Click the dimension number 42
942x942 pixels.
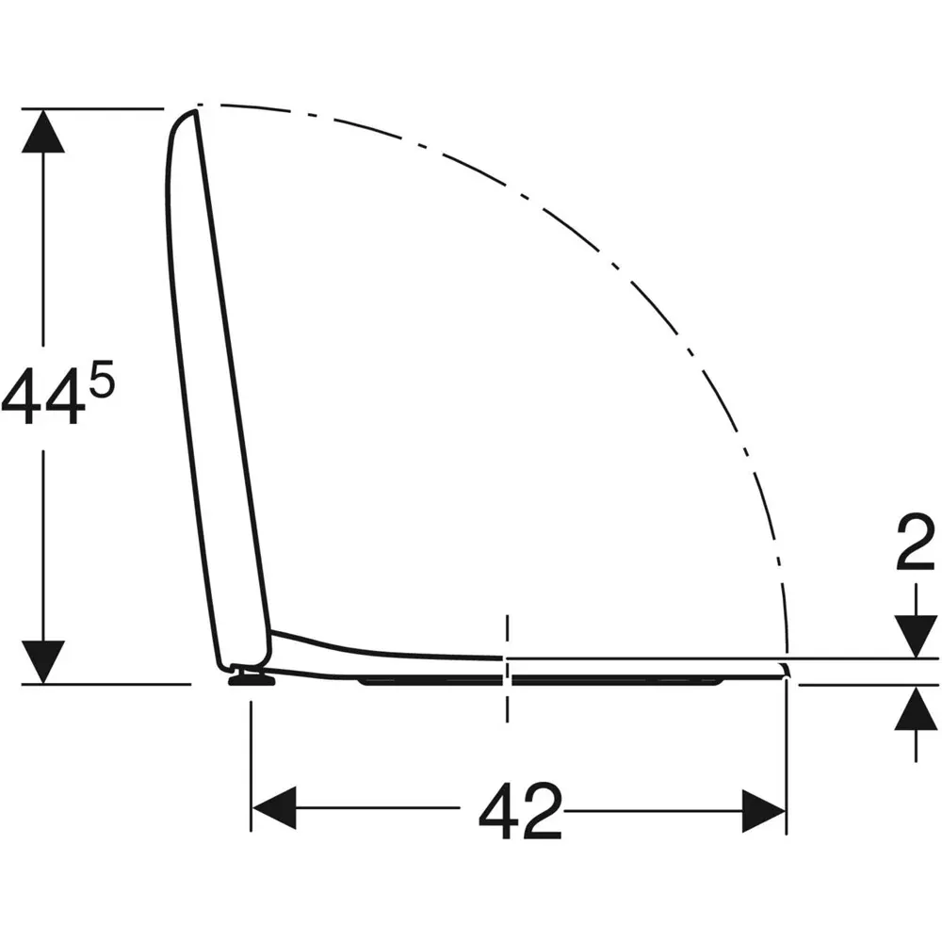tap(520, 811)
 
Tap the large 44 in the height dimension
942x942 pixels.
tap(42, 396)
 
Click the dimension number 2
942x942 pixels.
tap(916, 543)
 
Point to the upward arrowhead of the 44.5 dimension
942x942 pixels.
tap(43, 131)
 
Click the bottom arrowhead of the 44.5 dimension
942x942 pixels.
tap(43, 662)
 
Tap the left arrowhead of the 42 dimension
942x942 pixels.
tap(274, 808)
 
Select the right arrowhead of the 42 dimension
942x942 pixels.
tap(764, 811)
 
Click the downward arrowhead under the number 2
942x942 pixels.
tap(916, 636)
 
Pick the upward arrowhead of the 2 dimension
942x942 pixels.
tap(916, 707)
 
